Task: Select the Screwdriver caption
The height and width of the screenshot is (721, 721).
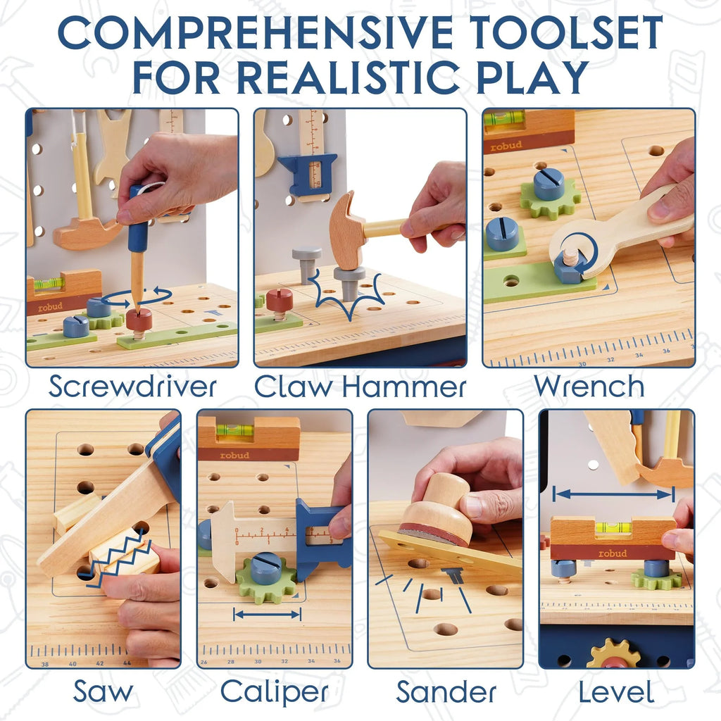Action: (x=132, y=387)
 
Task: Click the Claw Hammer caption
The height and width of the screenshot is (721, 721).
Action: (x=360, y=387)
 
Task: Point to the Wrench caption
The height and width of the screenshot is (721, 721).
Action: (x=589, y=387)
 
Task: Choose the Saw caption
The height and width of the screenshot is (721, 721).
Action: (x=104, y=691)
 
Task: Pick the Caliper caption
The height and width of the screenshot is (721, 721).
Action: (x=275, y=691)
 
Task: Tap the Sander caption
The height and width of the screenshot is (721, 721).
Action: (x=446, y=691)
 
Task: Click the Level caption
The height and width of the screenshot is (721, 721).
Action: (x=616, y=691)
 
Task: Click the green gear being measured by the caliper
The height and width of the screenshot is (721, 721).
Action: (x=266, y=579)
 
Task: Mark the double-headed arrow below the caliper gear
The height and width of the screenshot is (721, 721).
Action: (x=268, y=615)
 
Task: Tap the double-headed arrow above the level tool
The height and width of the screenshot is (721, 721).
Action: (x=613, y=494)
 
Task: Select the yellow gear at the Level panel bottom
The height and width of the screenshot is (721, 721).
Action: (x=613, y=655)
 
